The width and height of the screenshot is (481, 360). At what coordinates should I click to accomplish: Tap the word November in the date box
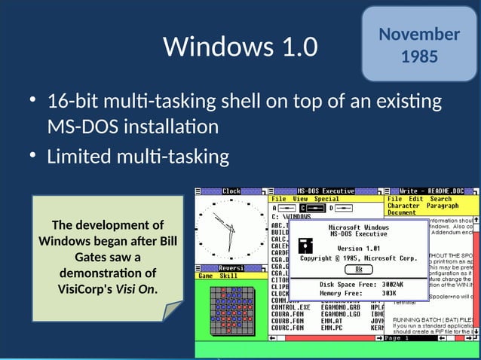(419, 34)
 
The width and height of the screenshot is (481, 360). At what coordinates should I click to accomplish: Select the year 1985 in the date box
(419, 56)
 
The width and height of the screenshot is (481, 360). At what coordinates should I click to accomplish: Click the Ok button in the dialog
(359, 268)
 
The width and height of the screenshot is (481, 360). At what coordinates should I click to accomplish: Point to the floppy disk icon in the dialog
(305, 245)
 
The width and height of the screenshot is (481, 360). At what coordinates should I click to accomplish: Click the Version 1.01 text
(359, 248)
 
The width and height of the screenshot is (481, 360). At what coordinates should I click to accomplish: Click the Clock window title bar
(231, 191)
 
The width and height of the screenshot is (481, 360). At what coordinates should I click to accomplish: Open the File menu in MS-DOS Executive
(279, 199)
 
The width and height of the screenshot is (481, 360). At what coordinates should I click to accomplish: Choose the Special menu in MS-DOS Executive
(326, 199)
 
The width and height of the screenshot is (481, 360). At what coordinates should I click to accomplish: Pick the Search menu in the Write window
(441, 199)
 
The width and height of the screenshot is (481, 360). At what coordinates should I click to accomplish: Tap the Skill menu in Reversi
(228, 276)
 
